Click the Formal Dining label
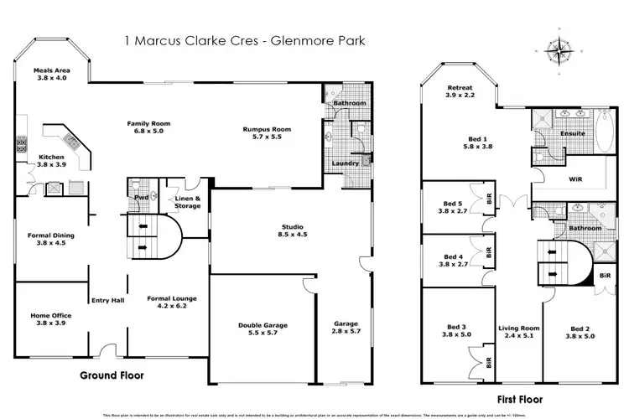(51, 241)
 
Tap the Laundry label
(345, 163)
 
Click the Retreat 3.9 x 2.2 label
(460, 91)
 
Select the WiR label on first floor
(575, 178)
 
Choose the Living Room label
(516, 332)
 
